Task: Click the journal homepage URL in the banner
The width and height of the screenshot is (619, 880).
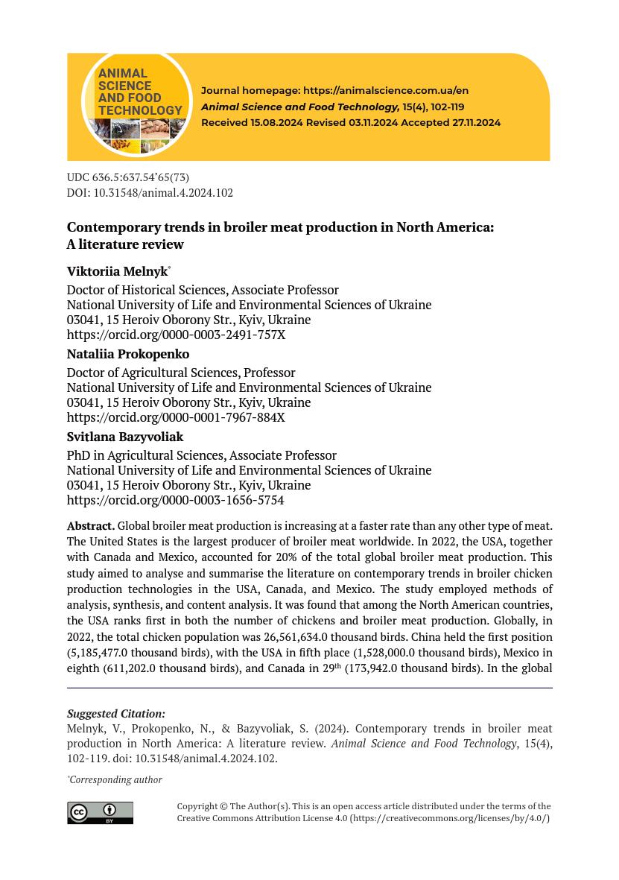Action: [x=385, y=90]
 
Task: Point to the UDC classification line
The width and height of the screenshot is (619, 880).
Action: [x=127, y=177]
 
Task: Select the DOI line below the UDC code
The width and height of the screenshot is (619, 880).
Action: [x=150, y=192]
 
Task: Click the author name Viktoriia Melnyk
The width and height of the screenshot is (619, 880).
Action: [x=117, y=271]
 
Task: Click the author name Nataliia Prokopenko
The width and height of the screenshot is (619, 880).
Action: [x=128, y=354]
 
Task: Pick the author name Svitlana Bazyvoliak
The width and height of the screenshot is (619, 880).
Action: [x=125, y=437]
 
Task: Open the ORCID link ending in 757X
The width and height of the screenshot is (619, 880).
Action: [x=176, y=335]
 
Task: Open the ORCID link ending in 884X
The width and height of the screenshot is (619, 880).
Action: [x=176, y=417]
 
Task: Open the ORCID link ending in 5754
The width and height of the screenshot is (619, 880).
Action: [x=175, y=500]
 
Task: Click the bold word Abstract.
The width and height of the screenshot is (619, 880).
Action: [x=90, y=526]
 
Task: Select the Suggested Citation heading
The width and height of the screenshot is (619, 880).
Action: [x=115, y=714]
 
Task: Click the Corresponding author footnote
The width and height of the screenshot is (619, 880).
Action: [x=115, y=779]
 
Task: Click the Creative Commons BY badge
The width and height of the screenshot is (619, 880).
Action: [x=100, y=812]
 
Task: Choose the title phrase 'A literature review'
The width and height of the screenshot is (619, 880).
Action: [x=125, y=244]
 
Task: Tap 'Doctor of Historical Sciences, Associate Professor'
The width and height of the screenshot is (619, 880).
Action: [x=203, y=290]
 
